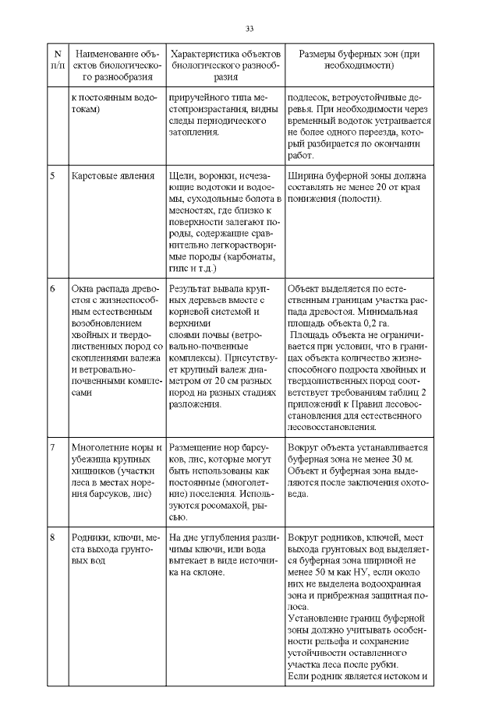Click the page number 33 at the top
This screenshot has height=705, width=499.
pos(249,29)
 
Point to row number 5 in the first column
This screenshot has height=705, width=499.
pos(52,176)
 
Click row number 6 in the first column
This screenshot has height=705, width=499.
pos(52,287)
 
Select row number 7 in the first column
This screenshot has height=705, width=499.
pos(52,448)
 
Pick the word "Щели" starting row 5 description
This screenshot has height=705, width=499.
pos(181,176)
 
